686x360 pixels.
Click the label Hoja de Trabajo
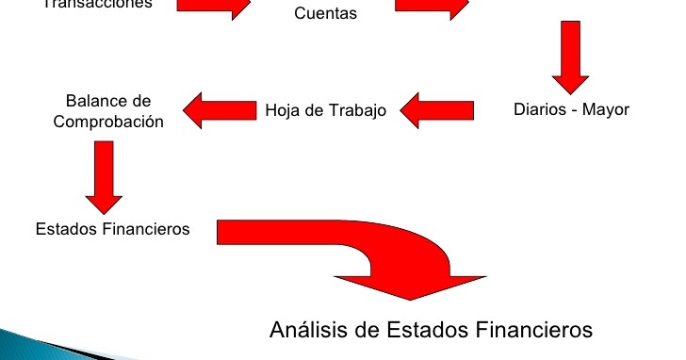pyautogui.click(x=325, y=110)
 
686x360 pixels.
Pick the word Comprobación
pyautogui.click(x=108, y=122)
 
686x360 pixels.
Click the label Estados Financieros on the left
pyautogui.click(x=112, y=229)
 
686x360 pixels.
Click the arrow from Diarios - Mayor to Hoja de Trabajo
pyautogui.click(x=437, y=109)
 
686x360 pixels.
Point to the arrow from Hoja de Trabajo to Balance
pyautogui.click(x=220, y=109)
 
